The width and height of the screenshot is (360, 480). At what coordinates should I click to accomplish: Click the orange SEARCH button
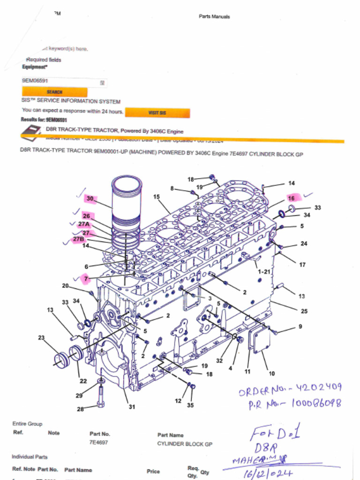pos(54,92)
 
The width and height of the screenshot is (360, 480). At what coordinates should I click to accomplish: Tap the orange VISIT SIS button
pos(157,113)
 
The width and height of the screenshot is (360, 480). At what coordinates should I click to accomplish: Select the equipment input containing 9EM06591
pos(64,81)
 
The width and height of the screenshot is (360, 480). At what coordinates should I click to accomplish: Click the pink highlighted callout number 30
pos(90,199)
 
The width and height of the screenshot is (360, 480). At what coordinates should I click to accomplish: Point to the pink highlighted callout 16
pos(291,198)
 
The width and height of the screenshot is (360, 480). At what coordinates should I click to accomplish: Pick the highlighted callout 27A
pos(83,225)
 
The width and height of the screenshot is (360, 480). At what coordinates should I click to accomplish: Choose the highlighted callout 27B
pos(78,239)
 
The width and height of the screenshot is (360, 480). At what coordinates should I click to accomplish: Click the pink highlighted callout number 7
pos(86,279)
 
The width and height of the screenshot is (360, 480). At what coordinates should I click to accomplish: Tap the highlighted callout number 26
pos(86,216)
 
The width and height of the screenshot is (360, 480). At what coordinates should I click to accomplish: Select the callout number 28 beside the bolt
pos(81,409)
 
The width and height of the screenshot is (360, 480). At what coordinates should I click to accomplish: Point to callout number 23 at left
pos(41,337)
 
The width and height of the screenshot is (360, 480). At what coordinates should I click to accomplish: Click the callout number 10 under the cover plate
pos(271,374)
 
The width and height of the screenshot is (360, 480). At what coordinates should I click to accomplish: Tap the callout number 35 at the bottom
pos(190,405)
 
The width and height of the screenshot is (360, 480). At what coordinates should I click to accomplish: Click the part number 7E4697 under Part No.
pos(98,442)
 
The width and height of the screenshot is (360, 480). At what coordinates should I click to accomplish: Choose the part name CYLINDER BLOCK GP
pos(185,443)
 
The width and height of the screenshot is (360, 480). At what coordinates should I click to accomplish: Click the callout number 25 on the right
pos(304,311)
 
